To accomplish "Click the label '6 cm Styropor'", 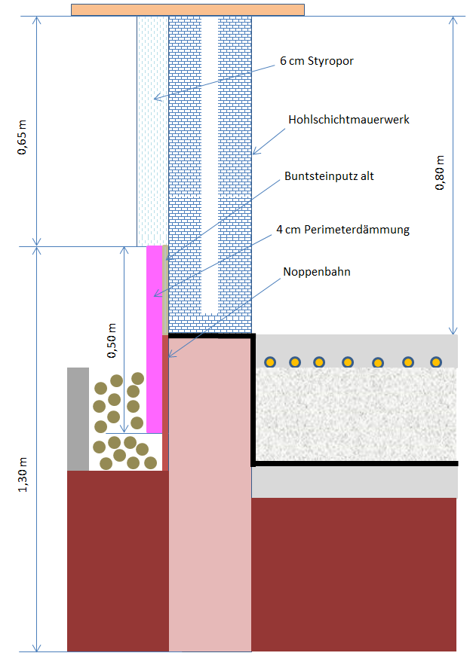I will point(316,62).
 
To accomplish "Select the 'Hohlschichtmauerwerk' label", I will point(349,119).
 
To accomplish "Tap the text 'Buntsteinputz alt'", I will point(329,176).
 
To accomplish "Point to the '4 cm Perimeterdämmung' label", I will point(342,230).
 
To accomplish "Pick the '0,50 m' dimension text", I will point(112,339).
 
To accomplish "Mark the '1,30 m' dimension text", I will point(23,476).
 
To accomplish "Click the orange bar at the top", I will point(188,9).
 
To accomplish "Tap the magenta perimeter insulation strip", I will point(154,339).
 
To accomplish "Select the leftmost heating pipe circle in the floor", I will point(269,362).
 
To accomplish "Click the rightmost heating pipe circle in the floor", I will point(435,362).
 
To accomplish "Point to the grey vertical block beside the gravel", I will point(78,418).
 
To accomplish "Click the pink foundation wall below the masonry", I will point(210,490).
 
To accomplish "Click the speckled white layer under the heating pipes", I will point(355,414).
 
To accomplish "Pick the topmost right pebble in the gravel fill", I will point(138,378).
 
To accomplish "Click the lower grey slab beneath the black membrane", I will point(355,482).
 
